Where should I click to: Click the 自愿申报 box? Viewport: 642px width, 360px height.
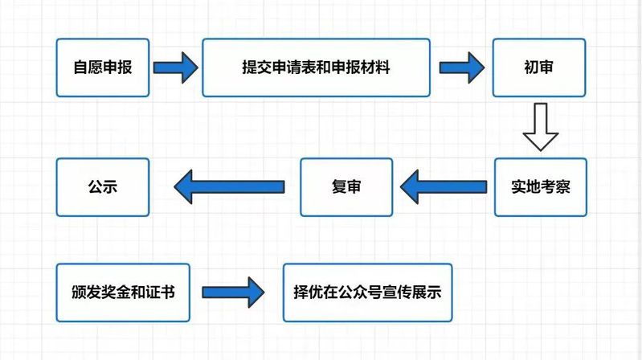(102, 67)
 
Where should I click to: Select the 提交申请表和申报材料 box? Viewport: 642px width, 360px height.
(316, 67)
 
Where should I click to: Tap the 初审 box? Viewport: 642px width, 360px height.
(538, 67)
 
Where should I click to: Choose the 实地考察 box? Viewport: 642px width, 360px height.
(540, 187)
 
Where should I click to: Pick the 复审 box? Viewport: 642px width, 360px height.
(346, 187)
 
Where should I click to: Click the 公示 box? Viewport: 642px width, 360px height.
(102, 187)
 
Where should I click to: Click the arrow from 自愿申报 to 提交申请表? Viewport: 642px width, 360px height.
(175, 67)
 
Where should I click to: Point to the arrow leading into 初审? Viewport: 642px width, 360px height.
(460, 67)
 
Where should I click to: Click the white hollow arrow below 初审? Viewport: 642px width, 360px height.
(541, 126)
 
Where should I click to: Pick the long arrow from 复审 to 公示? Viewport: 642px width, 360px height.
(230, 187)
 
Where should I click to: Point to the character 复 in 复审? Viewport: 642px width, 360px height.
(338, 187)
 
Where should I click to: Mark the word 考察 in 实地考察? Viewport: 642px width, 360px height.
(554, 187)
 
